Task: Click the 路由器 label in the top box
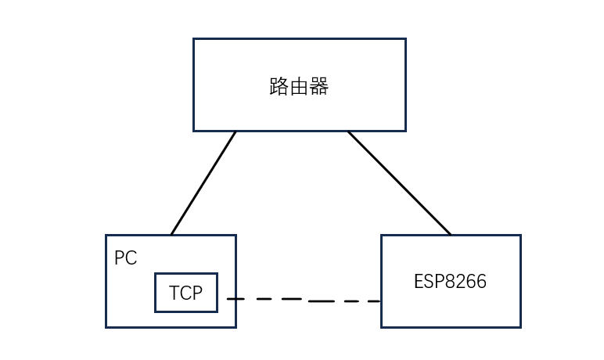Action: (299, 86)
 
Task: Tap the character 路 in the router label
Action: (279, 86)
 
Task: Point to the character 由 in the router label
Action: (299, 86)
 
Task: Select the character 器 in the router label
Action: (319, 86)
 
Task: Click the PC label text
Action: (125, 258)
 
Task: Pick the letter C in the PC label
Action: (131, 258)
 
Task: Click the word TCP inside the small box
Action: (185, 293)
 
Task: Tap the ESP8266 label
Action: (450, 282)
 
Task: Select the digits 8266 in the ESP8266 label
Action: (466, 282)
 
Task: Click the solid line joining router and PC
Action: (203, 182)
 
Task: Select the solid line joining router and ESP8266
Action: (399, 182)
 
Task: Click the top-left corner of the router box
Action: (194, 39)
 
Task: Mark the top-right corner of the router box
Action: (405, 39)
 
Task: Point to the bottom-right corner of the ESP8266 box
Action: (520, 326)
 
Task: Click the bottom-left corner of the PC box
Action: (106, 326)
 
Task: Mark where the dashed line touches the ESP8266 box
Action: (381, 301)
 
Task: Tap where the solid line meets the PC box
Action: (171, 235)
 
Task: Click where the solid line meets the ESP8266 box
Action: (451, 235)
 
